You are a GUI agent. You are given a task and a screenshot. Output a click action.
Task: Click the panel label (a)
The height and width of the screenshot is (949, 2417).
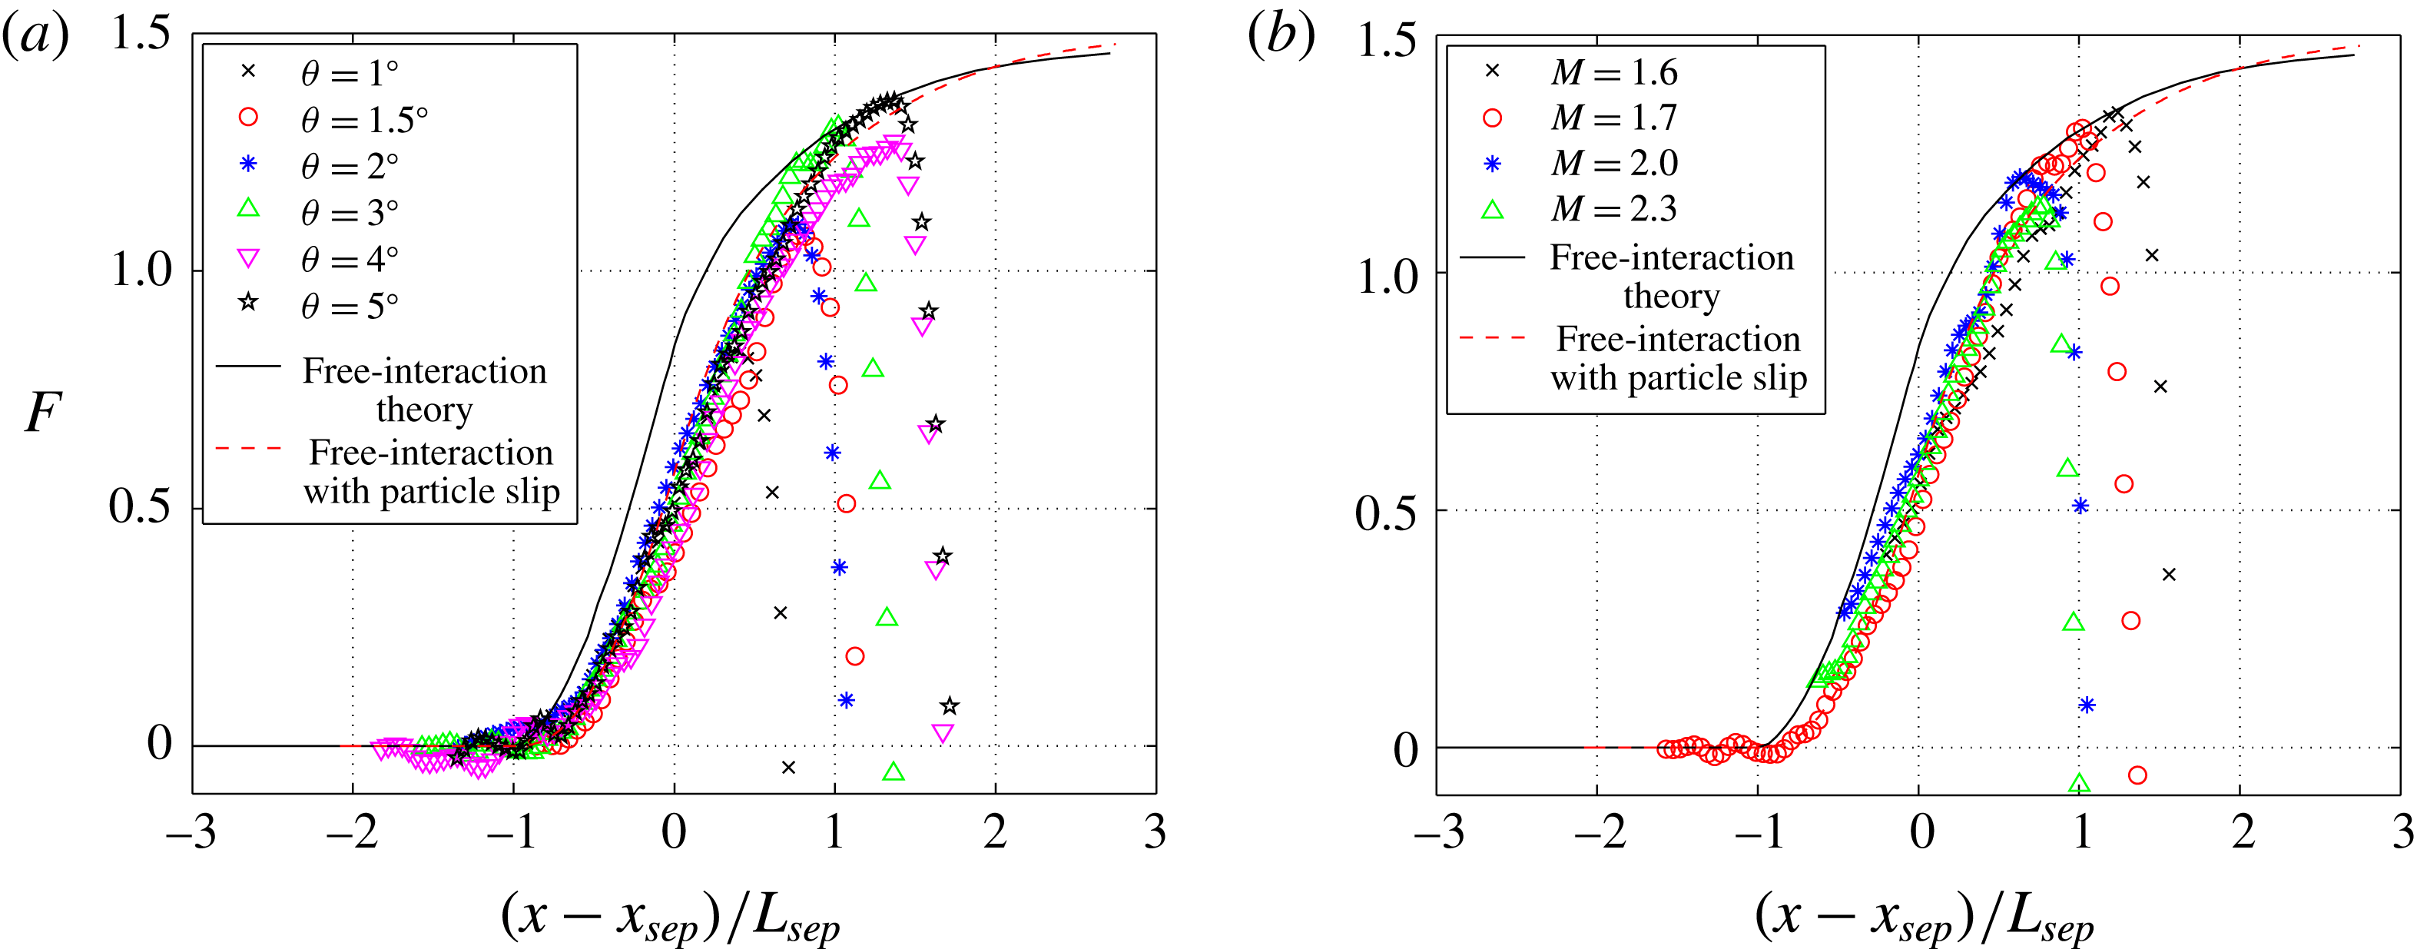pyautogui.click(x=35, y=38)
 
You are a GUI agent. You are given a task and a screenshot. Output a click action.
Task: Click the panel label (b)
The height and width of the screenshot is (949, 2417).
pyautogui.click(x=1280, y=38)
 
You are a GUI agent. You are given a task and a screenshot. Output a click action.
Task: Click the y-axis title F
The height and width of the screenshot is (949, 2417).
pyautogui.click(x=42, y=413)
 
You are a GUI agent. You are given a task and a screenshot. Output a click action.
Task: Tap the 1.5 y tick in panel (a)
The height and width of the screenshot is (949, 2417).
pyautogui.click(x=141, y=34)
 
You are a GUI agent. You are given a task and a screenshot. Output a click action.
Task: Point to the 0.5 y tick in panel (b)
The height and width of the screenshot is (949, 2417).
pyautogui.click(x=1386, y=512)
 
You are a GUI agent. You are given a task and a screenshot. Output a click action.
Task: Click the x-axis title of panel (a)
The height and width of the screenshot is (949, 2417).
pyautogui.click(x=670, y=915)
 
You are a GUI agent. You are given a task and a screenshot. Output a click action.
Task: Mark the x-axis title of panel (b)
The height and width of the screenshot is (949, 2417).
pyautogui.click(x=1924, y=915)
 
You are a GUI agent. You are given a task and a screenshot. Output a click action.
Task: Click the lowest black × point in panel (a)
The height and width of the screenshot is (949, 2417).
pyautogui.click(x=788, y=768)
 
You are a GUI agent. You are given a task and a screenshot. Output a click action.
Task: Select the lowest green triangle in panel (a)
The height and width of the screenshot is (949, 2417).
pyautogui.click(x=894, y=771)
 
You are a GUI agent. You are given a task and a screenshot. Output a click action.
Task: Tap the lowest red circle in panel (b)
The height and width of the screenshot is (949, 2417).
pyautogui.click(x=2137, y=775)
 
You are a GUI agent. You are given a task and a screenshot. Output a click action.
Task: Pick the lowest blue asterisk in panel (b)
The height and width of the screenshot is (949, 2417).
pyautogui.click(x=2087, y=705)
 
